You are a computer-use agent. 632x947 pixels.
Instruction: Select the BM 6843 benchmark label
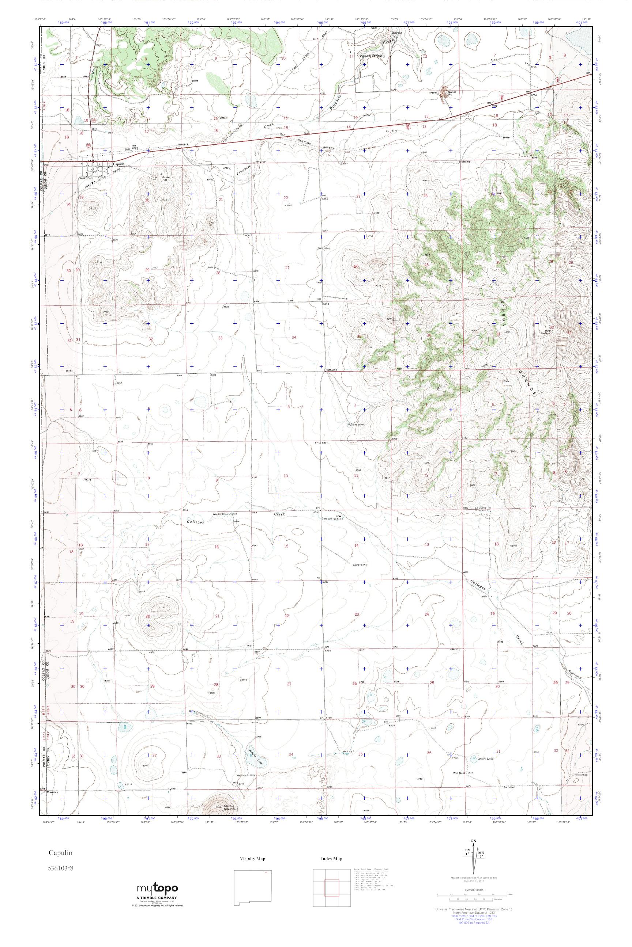pos(183,145)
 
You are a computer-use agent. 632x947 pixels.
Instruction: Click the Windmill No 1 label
pos(222,514)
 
